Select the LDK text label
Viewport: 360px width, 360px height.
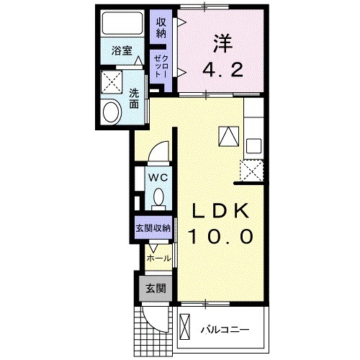(221, 212)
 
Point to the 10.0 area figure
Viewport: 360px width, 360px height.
(221, 235)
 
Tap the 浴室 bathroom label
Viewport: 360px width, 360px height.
(121, 51)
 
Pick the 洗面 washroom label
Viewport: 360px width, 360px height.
(135, 98)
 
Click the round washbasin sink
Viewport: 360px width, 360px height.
(112, 112)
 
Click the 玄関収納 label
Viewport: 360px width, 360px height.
(153, 228)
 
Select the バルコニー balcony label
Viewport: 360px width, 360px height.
(223, 330)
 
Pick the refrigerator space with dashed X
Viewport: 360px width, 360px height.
(253, 171)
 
